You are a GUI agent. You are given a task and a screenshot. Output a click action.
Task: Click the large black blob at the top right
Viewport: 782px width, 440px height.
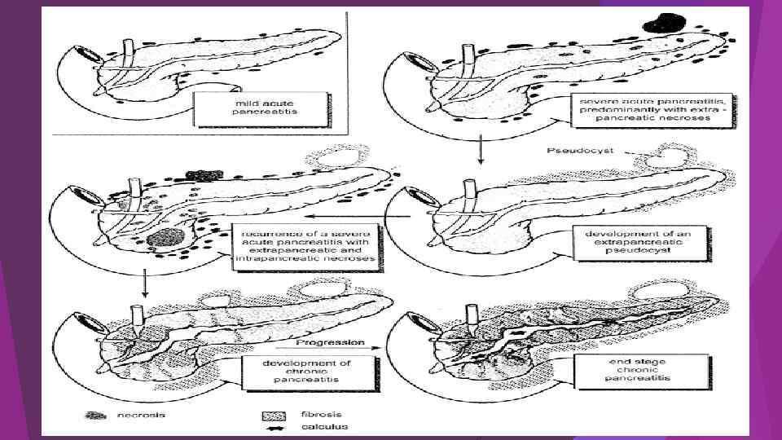[662, 24]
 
